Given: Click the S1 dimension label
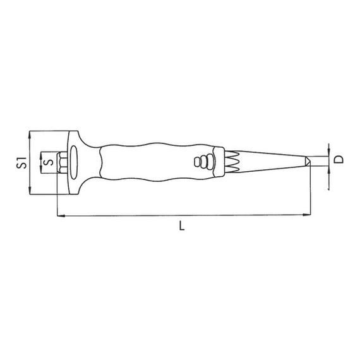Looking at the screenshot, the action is tap(21, 162).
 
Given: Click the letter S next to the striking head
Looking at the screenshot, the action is tap(49, 162).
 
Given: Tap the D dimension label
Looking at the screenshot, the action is tap(339, 159).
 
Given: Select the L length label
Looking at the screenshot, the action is tap(182, 225).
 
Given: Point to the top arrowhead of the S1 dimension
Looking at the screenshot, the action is tap(30, 135).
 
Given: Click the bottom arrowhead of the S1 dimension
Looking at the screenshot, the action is tap(30, 190).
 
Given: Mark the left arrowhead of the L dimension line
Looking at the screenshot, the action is tap(61, 215).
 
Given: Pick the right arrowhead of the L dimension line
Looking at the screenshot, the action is tap(306, 215).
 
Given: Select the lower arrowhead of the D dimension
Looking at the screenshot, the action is tap(329, 170).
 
